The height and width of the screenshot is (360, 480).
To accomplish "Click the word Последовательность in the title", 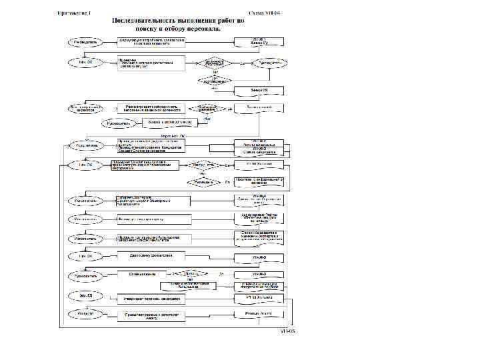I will click(x=145, y=22).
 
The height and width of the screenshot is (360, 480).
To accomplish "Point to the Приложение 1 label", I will click(x=75, y=13).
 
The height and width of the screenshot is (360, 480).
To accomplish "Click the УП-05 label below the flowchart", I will click(x=287, y=331).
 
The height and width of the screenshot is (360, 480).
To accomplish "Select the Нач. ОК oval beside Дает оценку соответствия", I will click(x=86, y=256).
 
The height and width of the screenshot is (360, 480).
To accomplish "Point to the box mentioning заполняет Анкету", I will click(x=151, y=317).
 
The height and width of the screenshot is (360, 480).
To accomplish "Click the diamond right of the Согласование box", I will click(x=191, y=273).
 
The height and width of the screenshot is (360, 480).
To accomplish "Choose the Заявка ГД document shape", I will click(x=259, y=89).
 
